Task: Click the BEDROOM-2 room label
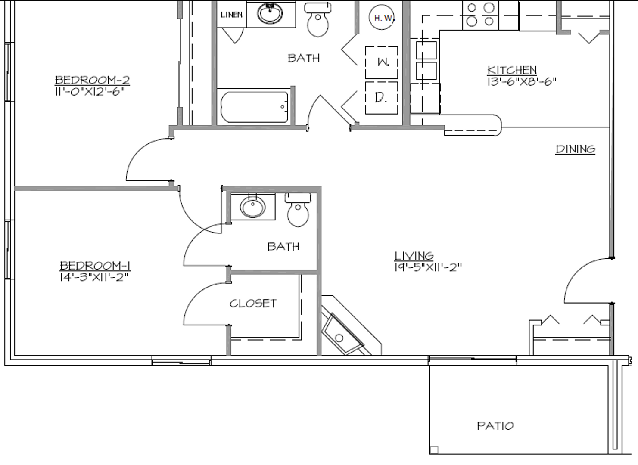(x=92, y=80)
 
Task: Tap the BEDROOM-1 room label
(x=95, y=266)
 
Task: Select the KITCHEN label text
(x=512, y=70)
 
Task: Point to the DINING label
(x=575, y=149)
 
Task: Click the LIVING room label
(x=414, y=256)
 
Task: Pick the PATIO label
(x=495, y=426)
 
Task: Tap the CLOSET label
(x=253, y=304)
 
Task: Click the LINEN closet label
(x=231, y=15)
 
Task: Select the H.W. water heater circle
(x=383, y=18)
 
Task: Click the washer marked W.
(x=382, y=62)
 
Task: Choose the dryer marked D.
(x=381, y=98)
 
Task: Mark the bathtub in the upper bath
(x=254, y=107)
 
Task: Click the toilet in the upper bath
(x=318, y=20)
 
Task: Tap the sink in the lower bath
(x=253, y=207)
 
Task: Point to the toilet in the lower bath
(x=298, y=211)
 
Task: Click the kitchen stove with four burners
(x=480, y=15)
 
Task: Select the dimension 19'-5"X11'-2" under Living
(x=428, y=267)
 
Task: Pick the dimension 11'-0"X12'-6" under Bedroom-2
(x=92, y=91)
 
